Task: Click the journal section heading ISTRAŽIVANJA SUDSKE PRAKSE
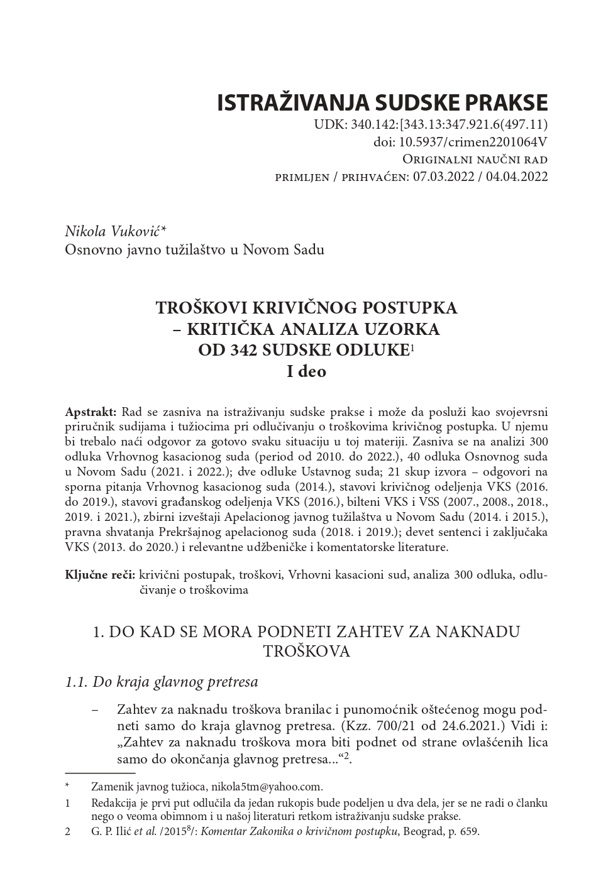pyautogui.click(x=382, y=102)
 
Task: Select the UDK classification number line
pyautogui.click(x=431, y=124)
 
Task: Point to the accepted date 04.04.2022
pyautogui.click(x=516, y=177)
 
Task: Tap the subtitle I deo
pyautogui.click(x=306, y=371)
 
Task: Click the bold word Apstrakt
pyautogui.click(x=91, y=412)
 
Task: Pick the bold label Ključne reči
pyautogui.click(x=100, y=574)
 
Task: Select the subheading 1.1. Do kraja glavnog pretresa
pyautogui.click(x=162, y=681)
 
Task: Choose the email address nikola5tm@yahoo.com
pyautogui.click(x=267, y=786)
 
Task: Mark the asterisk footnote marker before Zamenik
pyautogui.click(x=67, y=786)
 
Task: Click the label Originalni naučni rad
pyautogui.click(x=475, y=160)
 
